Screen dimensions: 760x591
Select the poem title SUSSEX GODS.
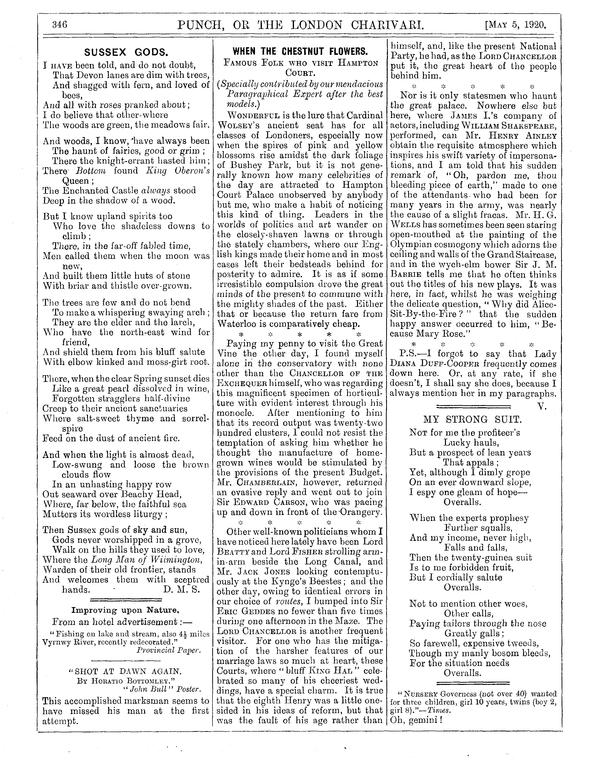pyautogui.click(x=126, y=53)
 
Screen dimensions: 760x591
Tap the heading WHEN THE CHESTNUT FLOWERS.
pyautogui.click(x=300, y=52)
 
